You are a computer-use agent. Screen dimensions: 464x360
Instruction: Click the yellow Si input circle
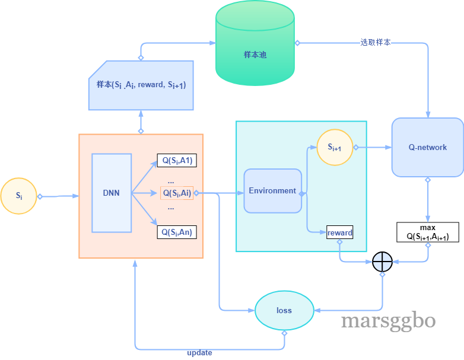18,196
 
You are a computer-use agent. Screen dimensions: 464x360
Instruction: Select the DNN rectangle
112,193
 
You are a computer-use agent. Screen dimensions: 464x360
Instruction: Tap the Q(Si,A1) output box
177,161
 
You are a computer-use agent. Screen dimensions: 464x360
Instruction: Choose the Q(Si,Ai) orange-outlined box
177,193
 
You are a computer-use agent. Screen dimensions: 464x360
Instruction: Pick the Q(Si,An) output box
177,232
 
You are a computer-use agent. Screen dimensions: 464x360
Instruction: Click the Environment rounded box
272,191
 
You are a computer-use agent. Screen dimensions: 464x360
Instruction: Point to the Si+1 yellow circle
335,147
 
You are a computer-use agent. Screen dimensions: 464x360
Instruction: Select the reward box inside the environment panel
339,232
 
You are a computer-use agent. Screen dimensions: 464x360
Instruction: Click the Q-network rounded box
428,147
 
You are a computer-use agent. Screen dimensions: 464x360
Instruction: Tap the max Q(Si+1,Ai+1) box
428,232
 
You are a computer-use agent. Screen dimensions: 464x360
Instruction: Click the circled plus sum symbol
382,262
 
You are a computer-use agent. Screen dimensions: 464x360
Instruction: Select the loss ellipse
284,310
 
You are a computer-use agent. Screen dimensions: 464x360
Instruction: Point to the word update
199,353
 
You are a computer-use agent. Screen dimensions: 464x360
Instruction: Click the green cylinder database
255,43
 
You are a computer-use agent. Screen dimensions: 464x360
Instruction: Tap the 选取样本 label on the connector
375,43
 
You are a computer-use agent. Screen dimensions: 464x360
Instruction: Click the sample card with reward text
141,85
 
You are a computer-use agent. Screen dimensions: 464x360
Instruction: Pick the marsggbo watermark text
388,321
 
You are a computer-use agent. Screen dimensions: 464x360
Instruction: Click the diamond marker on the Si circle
40,196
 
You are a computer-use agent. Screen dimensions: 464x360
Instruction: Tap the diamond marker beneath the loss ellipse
284,333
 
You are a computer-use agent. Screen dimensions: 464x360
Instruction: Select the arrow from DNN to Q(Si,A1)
144,177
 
